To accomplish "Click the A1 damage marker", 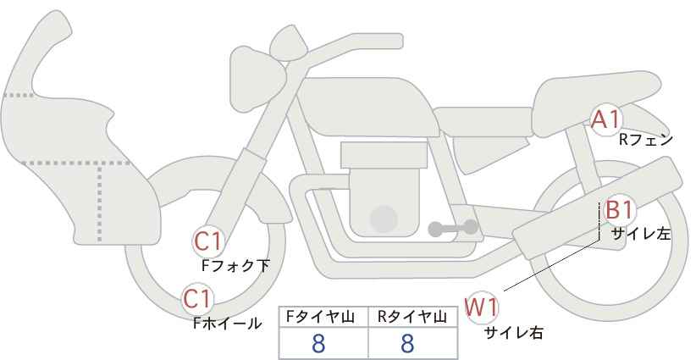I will [606, 119].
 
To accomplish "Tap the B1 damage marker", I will [618, 211].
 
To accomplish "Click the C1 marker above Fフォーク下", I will [207, 242].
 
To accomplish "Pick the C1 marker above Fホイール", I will [198, 299].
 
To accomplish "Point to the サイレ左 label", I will [641, 235].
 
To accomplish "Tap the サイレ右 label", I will [513, 332].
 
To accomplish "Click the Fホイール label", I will [227, 323].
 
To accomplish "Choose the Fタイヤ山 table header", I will [322, 317].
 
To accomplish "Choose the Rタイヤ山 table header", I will [412, 317].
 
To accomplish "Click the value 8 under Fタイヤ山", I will [319, 343].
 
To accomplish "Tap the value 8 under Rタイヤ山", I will [407, 343].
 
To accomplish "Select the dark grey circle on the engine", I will [384, 219].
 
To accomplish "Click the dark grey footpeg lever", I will [451, 228].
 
